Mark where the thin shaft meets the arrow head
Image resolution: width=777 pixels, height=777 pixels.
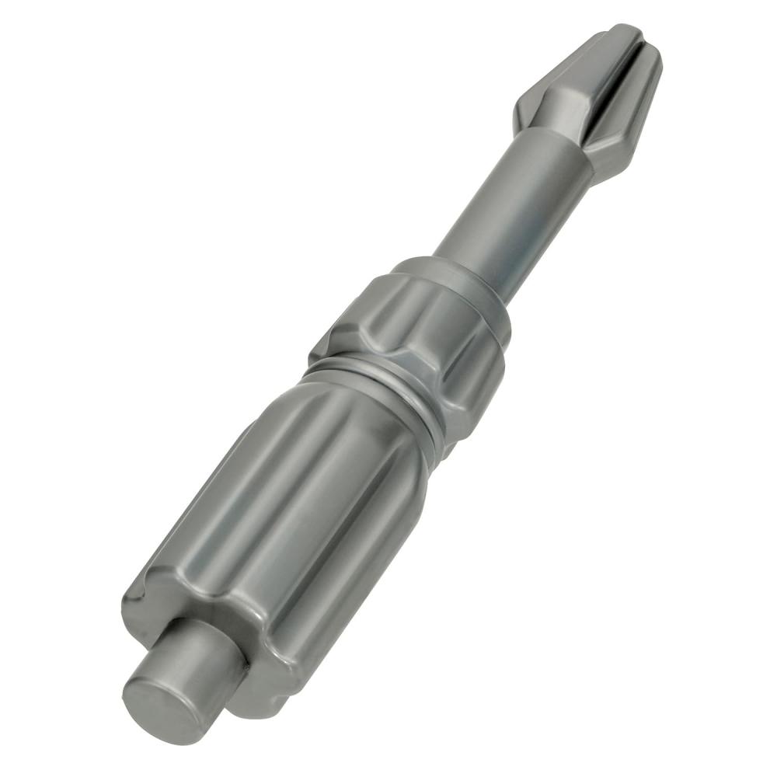point(556,144)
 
